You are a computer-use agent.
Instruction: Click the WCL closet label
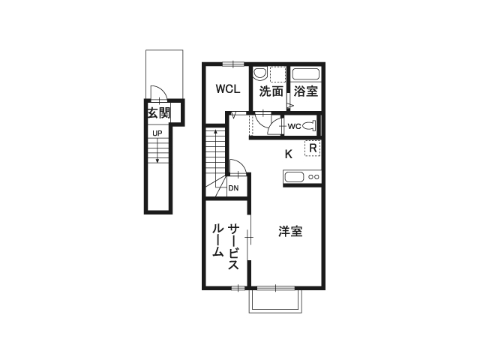tap(228, 89)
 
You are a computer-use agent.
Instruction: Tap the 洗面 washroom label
tap(271, 91)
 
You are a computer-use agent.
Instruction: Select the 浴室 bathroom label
tap(306, 91)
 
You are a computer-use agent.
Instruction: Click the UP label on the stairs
tap(157, 133)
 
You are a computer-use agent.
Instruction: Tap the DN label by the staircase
tap(233, 188)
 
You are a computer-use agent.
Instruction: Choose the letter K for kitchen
tap(288, 155)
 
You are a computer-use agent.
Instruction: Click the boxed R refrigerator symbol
tap(313, 148)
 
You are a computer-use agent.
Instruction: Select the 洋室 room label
tap(290, 231)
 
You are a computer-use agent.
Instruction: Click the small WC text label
tap(294, 126)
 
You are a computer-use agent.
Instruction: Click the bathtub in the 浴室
tap(306, 74)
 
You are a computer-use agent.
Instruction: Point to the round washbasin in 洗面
tap(259, 73)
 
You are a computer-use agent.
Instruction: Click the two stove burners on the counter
tap(314, 177)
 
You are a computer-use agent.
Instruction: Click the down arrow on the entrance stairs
tap(157, 156)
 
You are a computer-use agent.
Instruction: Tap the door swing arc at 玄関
tap(157, 93)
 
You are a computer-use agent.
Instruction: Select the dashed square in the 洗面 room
tap(277, 74)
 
